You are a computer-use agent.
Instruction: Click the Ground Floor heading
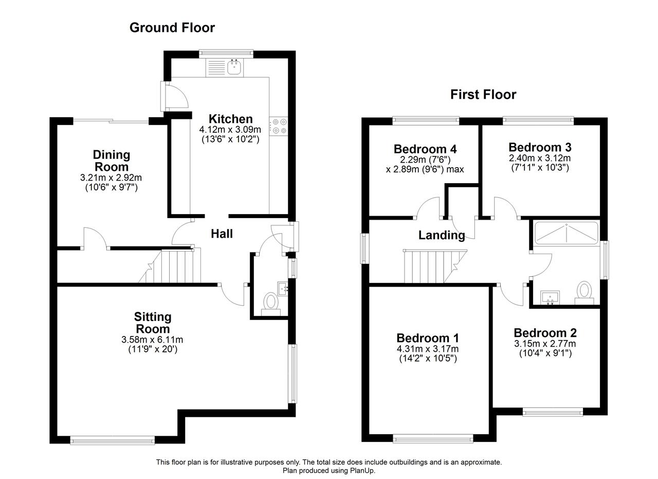(172, 28)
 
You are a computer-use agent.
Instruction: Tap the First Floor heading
(483, 95)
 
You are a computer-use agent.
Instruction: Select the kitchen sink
(234, 67)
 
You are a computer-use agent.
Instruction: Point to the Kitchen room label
(231, 119)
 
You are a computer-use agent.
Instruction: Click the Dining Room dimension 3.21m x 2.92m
(111, 178)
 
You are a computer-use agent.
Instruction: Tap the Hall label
(222, 234)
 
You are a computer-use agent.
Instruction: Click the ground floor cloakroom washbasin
(283, 289)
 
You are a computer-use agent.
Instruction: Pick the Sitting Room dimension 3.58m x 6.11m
(152, 340)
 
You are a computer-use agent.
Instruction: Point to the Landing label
(442, 235)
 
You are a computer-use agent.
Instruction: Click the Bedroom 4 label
(425, 149)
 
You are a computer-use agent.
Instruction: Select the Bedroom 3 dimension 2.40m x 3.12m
(540, 158)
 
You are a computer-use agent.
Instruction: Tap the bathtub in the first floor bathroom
(566, 234)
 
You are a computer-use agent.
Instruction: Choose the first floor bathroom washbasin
(550, 297)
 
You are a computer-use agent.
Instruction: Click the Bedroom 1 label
(428, 338)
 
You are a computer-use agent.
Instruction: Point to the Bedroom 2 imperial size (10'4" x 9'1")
(545, 353)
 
